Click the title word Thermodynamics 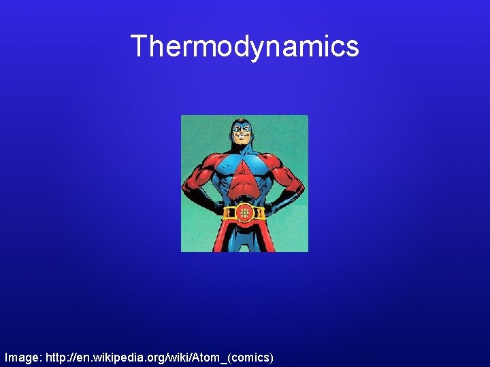coord(244,46)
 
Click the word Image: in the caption coord(22,356)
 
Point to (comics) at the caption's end coord(251,356)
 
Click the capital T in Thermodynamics coord(140,46)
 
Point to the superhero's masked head coord(241,132)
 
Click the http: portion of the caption coord(56,356)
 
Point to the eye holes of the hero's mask coord(241,128)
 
